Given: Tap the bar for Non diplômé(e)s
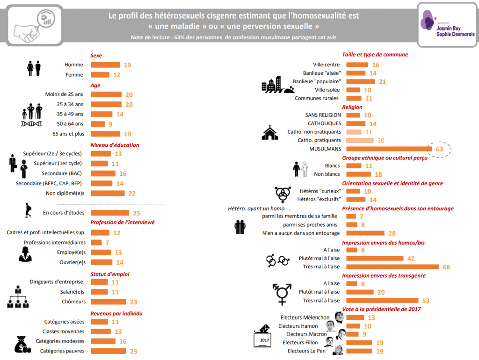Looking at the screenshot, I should pos(108,193).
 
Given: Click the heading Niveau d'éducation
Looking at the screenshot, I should pos(115,145).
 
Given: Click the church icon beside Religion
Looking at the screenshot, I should pos(269,132).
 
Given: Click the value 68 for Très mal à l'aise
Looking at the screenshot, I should pos(447,267).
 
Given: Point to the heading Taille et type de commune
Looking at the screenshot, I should pos(375,55).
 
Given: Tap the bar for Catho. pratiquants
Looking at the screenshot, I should pos(360,140).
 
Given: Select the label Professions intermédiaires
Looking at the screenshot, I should pos(55,242).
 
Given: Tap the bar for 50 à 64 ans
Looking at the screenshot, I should pos(98,124).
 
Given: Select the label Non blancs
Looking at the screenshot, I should pos(327,174).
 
